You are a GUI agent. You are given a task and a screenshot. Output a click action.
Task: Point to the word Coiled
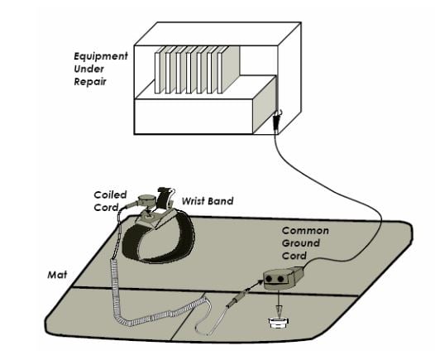(109, 195)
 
